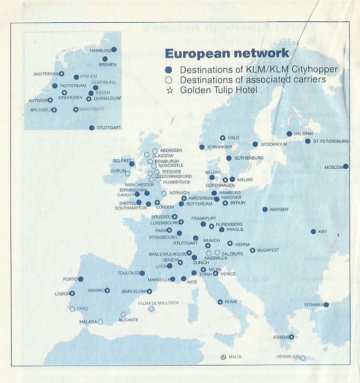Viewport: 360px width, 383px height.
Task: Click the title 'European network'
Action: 226,53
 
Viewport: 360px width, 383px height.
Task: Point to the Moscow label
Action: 333,167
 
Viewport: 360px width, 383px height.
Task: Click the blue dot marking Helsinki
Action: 289,134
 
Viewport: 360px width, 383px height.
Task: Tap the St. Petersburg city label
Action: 331,141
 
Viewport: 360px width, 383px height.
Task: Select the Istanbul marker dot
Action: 326,305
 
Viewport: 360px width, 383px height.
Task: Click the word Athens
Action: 280,337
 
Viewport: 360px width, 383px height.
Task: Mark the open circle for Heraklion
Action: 303,358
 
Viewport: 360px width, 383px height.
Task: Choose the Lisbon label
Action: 62,294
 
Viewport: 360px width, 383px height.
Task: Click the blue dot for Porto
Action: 81,279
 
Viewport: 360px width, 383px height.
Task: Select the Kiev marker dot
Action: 313,231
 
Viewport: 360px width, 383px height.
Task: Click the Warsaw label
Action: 279,210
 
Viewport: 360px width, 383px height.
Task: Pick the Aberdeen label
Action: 171,150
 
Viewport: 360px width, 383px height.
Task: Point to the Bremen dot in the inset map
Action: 105,59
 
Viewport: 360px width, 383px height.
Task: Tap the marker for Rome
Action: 220,302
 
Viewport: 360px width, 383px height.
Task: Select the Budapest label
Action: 268,250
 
